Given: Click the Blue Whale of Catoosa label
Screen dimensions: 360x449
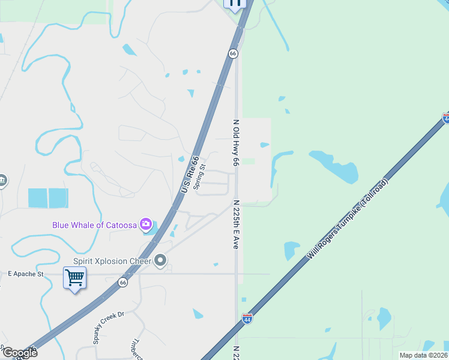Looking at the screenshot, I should click(x=95, y=225).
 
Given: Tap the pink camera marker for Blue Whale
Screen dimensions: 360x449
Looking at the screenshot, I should click(x=145, y=225).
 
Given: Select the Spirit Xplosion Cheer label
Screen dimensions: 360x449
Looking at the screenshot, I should click(x=111, y=261).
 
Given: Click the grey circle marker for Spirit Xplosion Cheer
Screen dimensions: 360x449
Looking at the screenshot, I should click(x=160, y=260).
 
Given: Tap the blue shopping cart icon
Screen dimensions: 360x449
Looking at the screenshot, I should click(x=75, y=278).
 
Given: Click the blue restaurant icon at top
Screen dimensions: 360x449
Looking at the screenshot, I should click(x=235, y=4).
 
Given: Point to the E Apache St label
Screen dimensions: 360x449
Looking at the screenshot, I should click(x=26, y=274).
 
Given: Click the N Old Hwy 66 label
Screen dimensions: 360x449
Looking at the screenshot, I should click(x=236, y=143).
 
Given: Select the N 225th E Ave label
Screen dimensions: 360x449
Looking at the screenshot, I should click(x=236, y=224).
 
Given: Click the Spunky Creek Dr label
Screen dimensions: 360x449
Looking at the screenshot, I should click(x=108, y=327).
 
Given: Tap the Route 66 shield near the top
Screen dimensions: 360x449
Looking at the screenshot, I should click(x=233, y=53).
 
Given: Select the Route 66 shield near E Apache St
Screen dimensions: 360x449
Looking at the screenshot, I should click(x=123, y=282).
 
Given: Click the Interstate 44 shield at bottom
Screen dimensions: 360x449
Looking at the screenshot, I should click(x=247, y=319).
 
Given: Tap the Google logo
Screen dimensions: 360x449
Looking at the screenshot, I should click(x=19, y=353).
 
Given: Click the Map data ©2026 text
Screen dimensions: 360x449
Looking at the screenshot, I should click(x=423, y=355).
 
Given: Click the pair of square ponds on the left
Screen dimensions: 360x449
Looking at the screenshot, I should click(x=48, y=198).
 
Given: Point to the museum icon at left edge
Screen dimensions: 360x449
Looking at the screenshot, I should click(x=2, y=180).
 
